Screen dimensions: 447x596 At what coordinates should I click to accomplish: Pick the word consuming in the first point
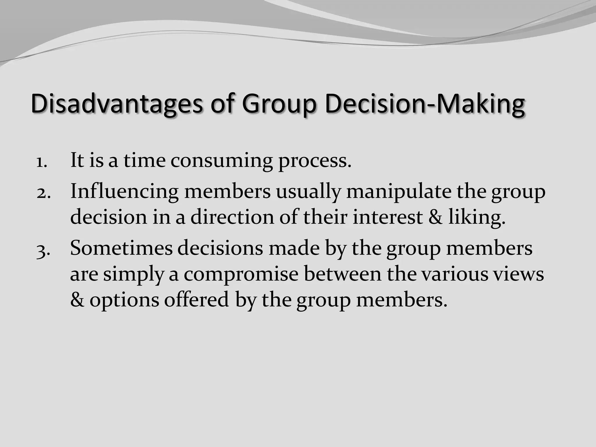click(x=221, y=161)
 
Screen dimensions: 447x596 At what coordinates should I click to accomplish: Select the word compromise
click(x=241, y=274)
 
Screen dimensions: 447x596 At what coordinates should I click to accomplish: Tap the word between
click(x=343, y=274)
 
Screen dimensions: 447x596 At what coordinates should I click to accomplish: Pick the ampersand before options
click(x=77, y=300)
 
